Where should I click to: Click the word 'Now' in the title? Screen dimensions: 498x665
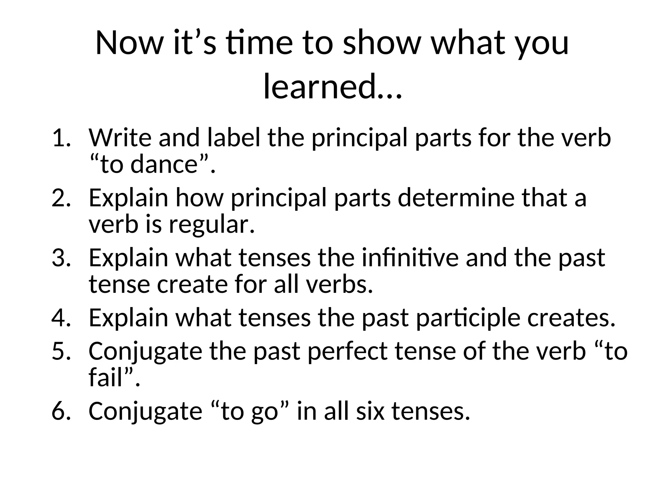(128, 43)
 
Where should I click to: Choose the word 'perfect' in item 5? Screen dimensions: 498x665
(347, 351)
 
